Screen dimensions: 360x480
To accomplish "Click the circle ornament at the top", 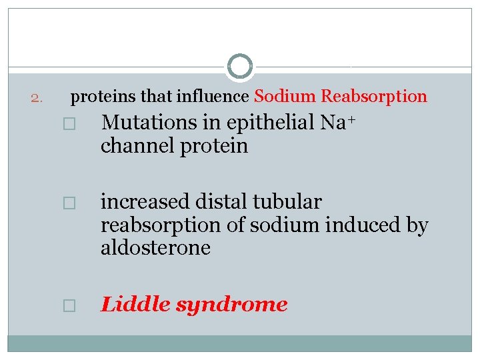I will pos(240,67).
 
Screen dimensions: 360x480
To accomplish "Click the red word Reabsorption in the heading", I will pos(374,97).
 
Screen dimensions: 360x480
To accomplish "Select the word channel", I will pos(137,146).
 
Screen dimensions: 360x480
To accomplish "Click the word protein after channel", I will pos(214,146).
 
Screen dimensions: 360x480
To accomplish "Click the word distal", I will pos(220,201).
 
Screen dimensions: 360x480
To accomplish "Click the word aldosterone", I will pos(155,249).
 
